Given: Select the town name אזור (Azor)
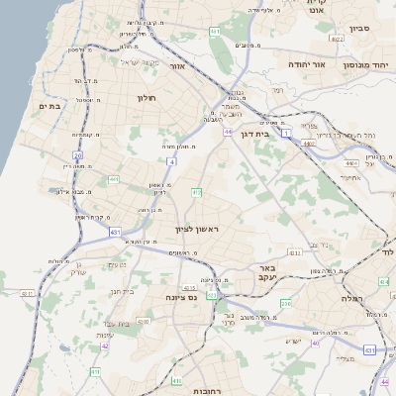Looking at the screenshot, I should point(178,66).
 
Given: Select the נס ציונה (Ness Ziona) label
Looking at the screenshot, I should point(208,296).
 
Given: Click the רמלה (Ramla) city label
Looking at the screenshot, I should point(352,298).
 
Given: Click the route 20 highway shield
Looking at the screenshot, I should point(77,155).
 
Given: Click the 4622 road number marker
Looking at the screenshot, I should point(337,40).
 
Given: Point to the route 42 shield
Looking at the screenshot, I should point(105,346).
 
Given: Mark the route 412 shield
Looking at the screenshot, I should point(196,191).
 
